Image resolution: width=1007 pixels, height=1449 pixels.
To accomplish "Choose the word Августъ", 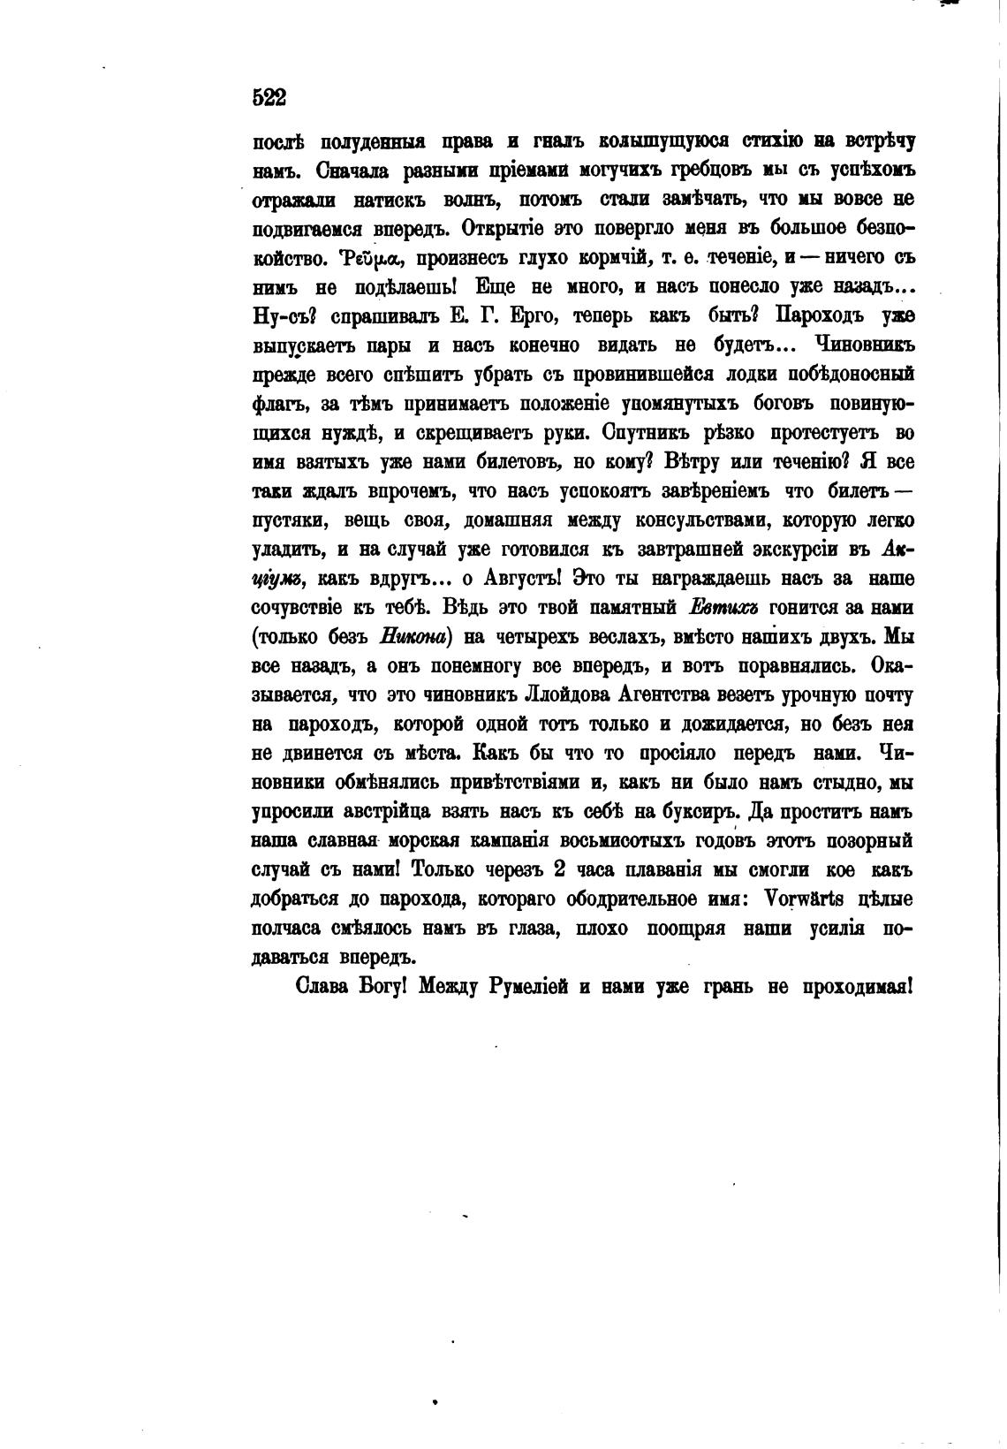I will click(x=521, y=579).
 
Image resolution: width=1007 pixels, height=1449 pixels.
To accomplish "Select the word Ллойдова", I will click(x=574, y=695).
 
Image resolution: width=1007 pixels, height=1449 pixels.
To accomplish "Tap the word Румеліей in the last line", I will click(x=529, y=986).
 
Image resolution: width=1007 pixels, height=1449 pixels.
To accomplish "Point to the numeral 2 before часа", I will click(x=558, y=869).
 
